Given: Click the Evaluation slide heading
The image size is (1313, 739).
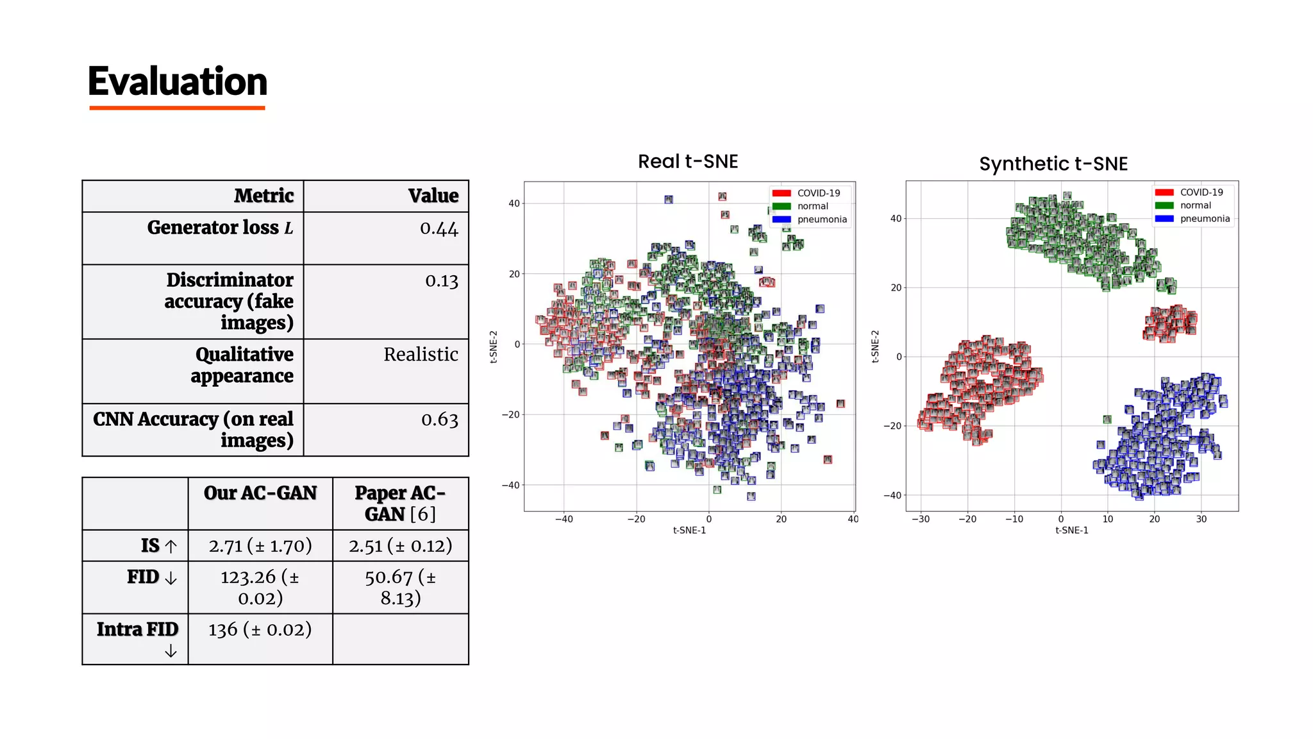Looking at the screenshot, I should [178, 82].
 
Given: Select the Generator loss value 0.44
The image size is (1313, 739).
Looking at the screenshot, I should [439, 228].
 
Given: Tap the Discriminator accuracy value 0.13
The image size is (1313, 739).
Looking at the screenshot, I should [442, 281].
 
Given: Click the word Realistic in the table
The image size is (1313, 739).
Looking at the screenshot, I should [421, 354].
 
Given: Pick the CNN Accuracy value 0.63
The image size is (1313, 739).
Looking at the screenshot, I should [440, 420].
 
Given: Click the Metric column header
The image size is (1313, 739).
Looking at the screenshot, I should [263, 196].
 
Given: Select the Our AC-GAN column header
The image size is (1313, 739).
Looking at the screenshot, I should [260, 493].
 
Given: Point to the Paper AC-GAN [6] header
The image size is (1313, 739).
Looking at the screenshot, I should [400, 503].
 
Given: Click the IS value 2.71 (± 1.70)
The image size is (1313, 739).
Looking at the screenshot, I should [260, 546].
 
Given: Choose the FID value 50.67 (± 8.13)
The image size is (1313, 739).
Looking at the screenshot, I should [400, 587].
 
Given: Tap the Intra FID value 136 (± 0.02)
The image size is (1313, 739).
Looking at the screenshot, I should [260, 629].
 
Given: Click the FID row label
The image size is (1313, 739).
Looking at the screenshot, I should [143, 577].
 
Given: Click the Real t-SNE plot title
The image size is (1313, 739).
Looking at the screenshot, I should [688, 161].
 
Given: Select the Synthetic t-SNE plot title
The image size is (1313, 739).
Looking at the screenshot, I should [1053, 164].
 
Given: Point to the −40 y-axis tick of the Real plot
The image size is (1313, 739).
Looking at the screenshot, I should [510, 486].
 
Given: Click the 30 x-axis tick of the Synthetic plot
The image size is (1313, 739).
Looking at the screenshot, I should [1201, 519].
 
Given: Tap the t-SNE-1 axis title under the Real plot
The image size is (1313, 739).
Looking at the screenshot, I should [689, 531].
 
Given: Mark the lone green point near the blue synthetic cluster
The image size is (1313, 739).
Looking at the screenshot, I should [1107, 420].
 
